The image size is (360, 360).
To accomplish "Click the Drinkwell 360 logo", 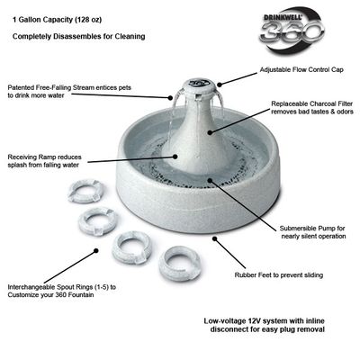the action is pos(292,31).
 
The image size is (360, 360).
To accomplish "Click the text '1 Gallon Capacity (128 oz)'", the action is pos(57,20).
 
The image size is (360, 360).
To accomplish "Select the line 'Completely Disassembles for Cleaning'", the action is pos(79,37).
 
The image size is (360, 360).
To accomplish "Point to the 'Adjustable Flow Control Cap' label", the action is pos(301,70).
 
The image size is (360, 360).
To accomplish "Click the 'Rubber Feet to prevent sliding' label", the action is pos(279,275).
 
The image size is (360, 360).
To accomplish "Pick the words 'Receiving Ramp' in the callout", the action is pos(32,157).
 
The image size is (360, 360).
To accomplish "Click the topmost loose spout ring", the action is pos(85,191).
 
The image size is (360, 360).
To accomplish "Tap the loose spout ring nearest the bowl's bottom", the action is pos(179,264).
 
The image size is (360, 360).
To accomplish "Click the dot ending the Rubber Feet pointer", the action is pos(214,238).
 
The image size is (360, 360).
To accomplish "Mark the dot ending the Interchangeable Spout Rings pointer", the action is pos(96,250).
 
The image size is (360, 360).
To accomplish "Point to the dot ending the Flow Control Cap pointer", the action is pos(220,85).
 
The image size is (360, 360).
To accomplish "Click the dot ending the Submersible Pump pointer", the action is pos(210,181).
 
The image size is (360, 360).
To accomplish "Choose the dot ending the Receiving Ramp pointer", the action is pos(175,156).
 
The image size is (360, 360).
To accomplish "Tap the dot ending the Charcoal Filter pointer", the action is pos(210,132).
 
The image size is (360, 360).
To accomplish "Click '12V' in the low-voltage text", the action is pos(255,321).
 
